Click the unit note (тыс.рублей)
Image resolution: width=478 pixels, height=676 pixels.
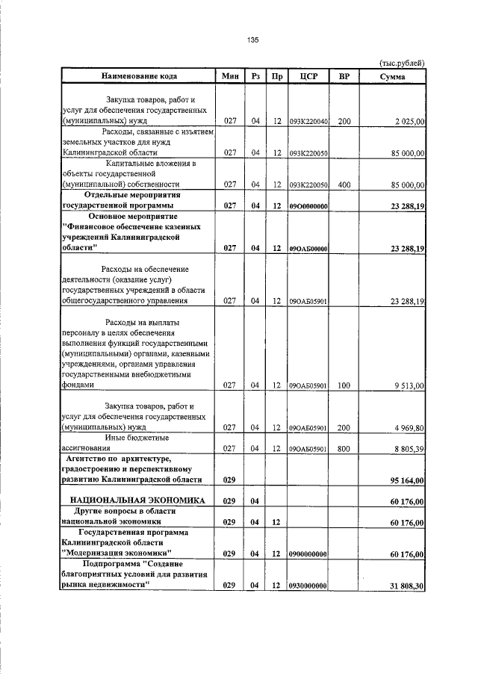[403, 63]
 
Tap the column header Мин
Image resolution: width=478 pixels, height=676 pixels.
[230, 76]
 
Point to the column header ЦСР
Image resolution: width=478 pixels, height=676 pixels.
[308, 76]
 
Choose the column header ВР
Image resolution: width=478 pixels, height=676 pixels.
[344, 76]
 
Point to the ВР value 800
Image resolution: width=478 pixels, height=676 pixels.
[344, 449]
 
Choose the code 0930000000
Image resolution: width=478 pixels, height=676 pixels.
[308, 586]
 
